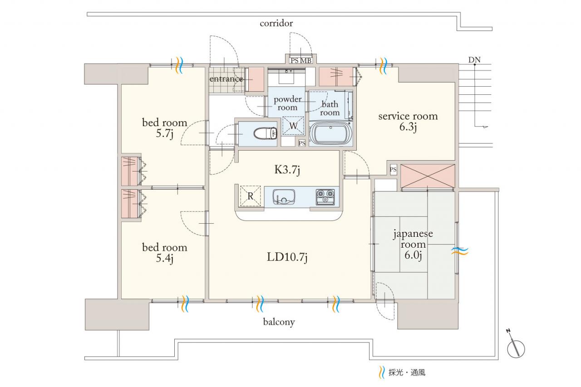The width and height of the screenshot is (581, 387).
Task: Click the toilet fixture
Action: (266, 134)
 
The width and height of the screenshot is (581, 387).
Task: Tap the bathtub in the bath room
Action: (330, 134)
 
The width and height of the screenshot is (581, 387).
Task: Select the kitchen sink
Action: (284, 196)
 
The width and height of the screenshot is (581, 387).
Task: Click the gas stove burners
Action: (325, 197)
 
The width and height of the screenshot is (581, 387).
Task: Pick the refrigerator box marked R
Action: (250, 196)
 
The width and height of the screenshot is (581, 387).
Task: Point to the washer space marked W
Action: (293, 126)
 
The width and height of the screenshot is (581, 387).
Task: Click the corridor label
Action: (276, 23)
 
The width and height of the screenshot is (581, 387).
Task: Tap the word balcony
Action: (279, 322)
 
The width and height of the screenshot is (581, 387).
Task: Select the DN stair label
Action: (474, 60)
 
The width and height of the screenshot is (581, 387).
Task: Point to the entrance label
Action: (226, 79)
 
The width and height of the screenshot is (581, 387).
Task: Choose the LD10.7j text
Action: (287, 257)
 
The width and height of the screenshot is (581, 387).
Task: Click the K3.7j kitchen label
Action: (287, 170)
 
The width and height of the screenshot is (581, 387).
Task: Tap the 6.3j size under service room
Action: (408, 127)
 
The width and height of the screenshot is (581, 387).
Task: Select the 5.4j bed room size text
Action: (164, 259)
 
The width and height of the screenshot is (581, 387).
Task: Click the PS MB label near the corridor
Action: (301, 61)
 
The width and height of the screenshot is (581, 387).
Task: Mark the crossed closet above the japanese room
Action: (428, 176)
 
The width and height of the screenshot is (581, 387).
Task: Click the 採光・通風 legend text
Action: (407, 373)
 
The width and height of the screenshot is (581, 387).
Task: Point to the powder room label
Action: (287, 103)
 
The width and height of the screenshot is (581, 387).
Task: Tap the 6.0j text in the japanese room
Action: (413, 255)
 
